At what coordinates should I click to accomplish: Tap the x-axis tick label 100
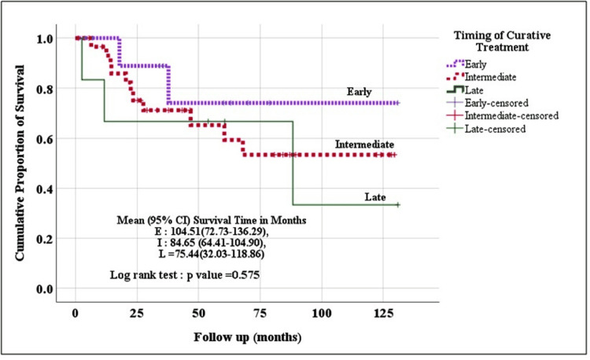pyautogui.click(x=321, y=312)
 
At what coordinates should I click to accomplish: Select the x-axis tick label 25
pyautogui.click(x=136, y=312)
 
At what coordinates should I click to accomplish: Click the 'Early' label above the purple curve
pyautogui.click(x=360, y=92)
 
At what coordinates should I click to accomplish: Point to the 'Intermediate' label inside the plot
pyautogui.click(x=364, y=145)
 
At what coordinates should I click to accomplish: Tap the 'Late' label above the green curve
pyautogui.click(x=376, y=194)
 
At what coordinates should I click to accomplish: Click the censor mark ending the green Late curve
pyautogui.click(x=398, y=204)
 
